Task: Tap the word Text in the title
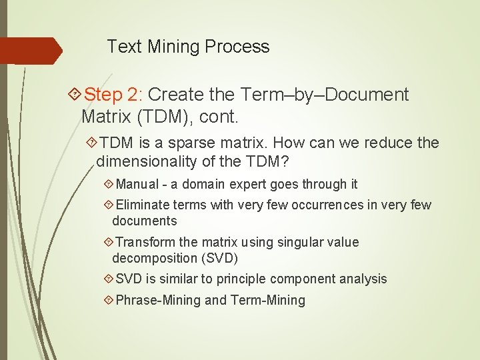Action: pyautogui.click(x=125, y=47)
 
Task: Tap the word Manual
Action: pyautogui.click(x=137, y=185)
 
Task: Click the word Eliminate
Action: pyautogui.click(x=143, y=205)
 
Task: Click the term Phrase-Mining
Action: pyautogui.click(x=158, y=301)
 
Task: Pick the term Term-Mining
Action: pyautogui.click(x=268, y=301)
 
